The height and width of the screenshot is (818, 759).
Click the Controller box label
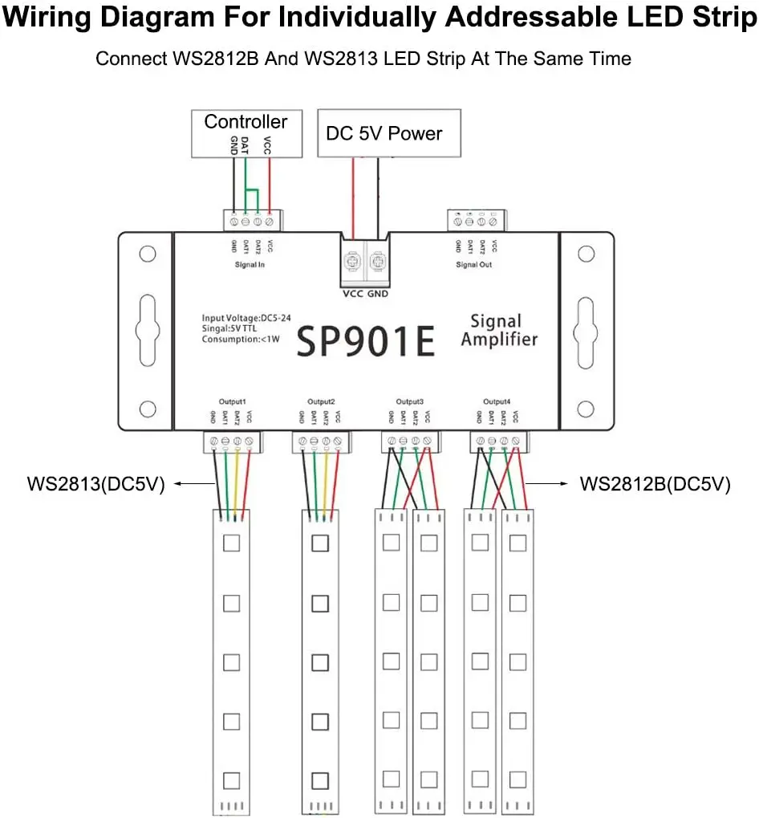(x=246, y=122)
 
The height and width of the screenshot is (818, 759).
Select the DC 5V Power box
(x=389, y=133)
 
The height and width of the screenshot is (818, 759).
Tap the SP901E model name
(x=366, y=341)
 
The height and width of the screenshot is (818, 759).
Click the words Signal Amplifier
(x=498, y=331)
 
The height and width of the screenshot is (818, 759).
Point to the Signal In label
(x=250, y=264)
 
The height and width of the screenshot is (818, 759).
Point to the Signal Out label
(x=473, y=264)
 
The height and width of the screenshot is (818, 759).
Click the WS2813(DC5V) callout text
(x=95, y=485)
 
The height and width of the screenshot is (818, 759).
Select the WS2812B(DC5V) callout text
(x=655, y=485)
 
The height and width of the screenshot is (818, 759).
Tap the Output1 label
(x=232, y=401)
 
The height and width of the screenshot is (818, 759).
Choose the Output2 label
(x=321, y=401)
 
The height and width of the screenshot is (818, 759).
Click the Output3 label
(x=409, y=401)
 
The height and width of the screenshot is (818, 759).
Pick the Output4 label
(x=497, y=401)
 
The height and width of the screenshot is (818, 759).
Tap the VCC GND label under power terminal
(x=365, y=294)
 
